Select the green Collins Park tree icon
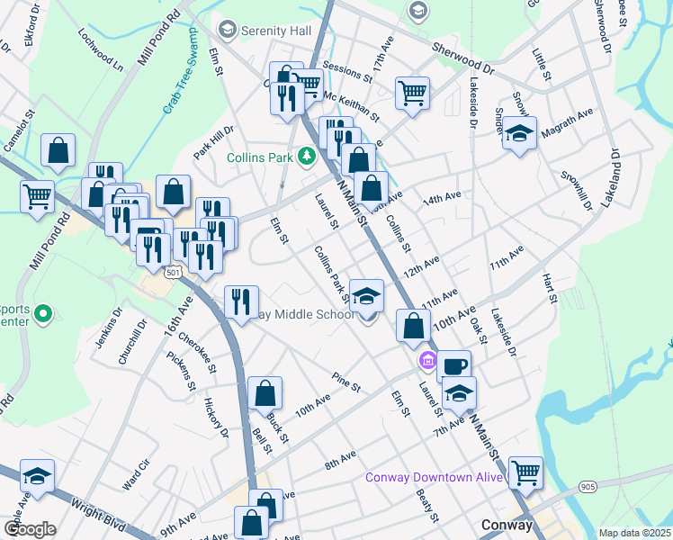click(x=307, y=157)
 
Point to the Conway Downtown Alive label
click(x=434, y=477)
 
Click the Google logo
click(x=30, y=529)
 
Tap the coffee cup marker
click(x=454, y=365)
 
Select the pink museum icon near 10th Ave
click(x=427, y=363)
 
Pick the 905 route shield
click(x=588, y=487)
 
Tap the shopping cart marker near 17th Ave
click(x=411, y=92)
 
